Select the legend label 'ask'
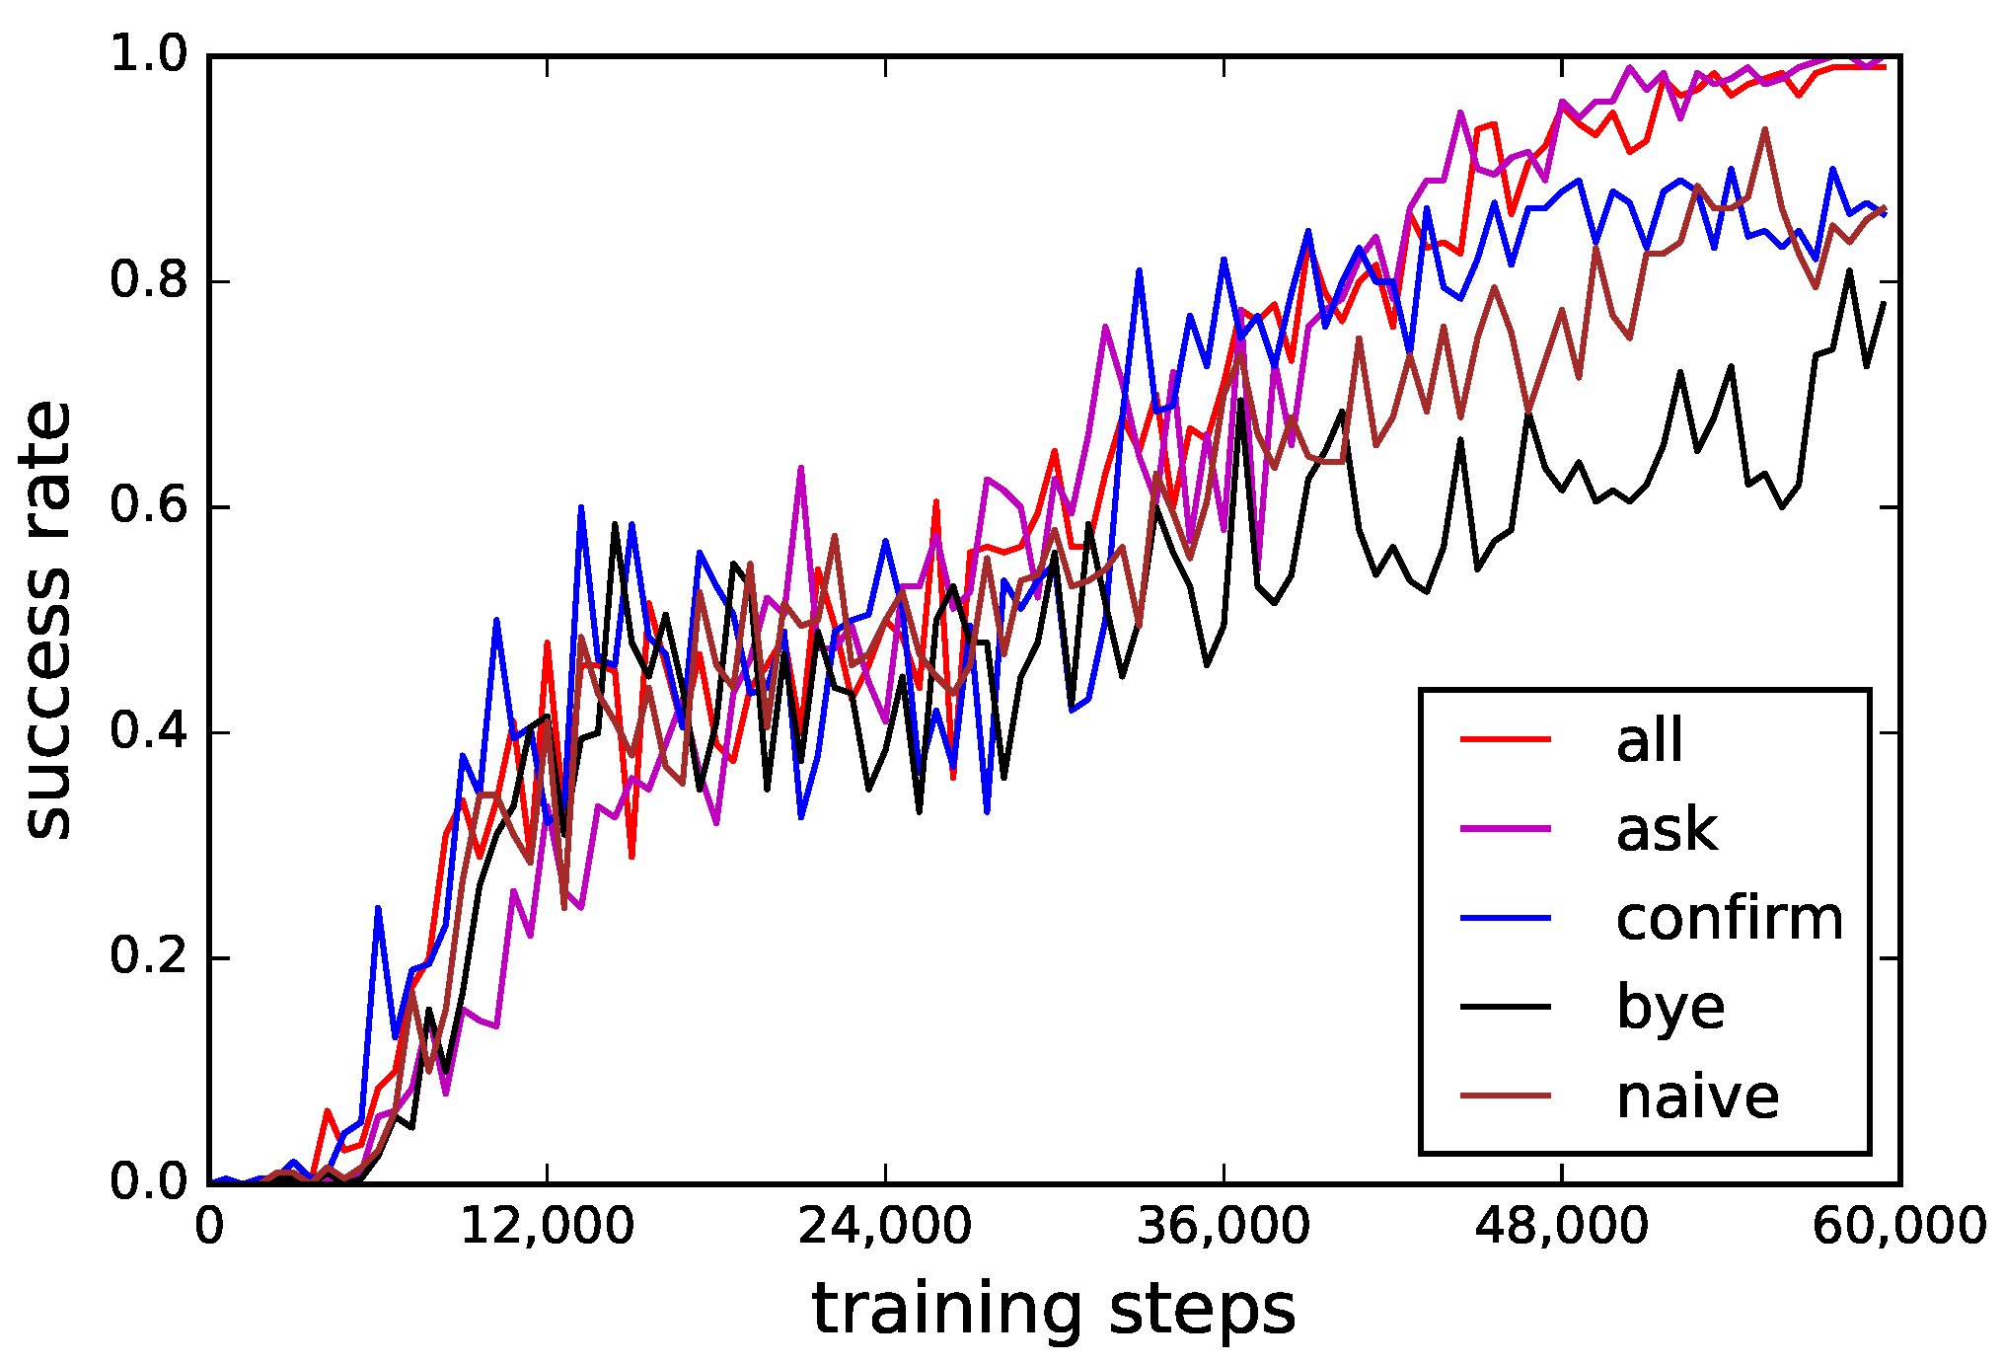coord(1667,829)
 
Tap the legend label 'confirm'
coord(1729,919)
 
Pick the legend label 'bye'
coord(1670,1008)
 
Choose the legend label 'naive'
coord(1697,1097)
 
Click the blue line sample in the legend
coord(1506,918)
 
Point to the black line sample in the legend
coord(1506,1007)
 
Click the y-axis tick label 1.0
coord(148,54)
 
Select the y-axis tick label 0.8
coord(148,280)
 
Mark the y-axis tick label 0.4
coord(148,731)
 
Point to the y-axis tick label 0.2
coord(148,956)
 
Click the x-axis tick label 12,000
coord(548,1228)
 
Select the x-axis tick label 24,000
coord(885,1228)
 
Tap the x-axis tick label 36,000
coord(1224,1228)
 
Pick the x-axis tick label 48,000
coord(1561,1228)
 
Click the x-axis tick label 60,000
coord(1898,1228)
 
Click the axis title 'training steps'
coord(1053,1310)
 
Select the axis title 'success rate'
coord(47,620)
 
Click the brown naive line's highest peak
coord(1765,129)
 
